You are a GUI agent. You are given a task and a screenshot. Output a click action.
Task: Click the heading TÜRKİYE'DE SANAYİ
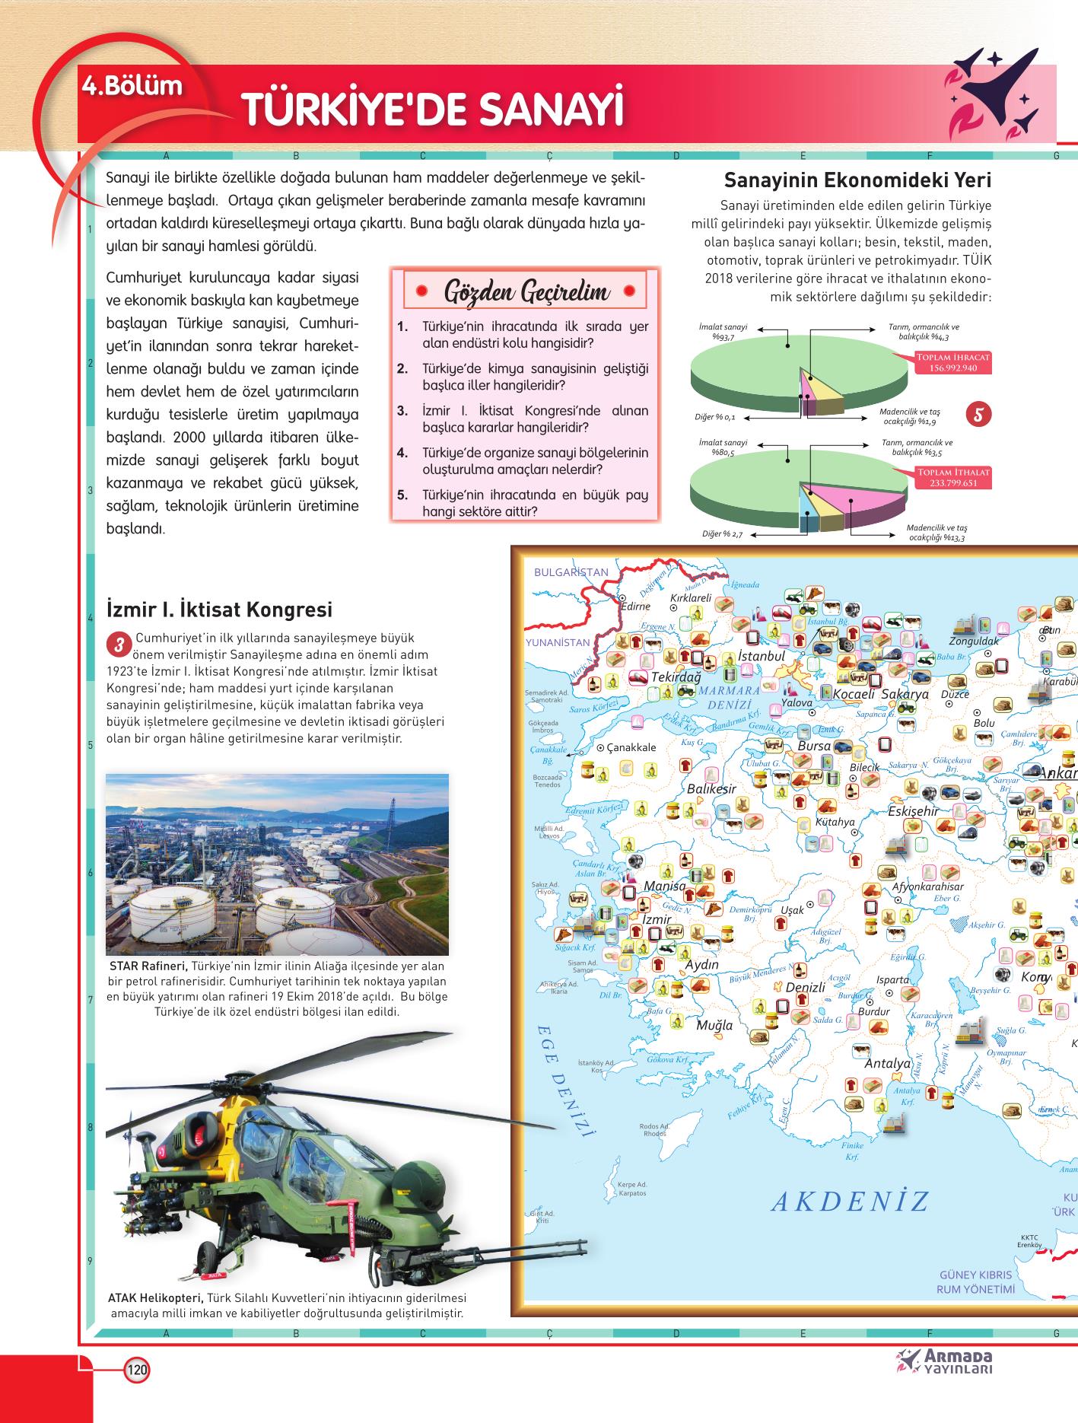tap(431, 110)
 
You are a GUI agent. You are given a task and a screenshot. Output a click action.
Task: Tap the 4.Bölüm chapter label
tap(134, 84)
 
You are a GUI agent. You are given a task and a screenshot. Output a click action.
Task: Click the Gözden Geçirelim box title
tap(526, 291)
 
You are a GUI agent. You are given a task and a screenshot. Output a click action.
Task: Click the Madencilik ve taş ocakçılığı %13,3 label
tap(936, 533)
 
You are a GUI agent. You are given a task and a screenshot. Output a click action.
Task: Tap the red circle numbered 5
tap(979, 414)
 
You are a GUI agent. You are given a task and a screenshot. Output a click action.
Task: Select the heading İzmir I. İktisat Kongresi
tap(219, 610)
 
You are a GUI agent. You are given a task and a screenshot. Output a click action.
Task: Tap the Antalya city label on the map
tap(887, 1063)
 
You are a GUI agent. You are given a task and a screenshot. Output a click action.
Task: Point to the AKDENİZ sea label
tap(850, 1202)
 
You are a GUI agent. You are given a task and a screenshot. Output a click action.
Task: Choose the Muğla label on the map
tap(714, 1024)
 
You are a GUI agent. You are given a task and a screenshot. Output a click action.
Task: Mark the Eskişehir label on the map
tap(913, 811)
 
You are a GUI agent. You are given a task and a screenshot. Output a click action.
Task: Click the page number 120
tap(137, 1370)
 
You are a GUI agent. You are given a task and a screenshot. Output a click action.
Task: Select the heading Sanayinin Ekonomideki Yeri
tap(857, 180)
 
